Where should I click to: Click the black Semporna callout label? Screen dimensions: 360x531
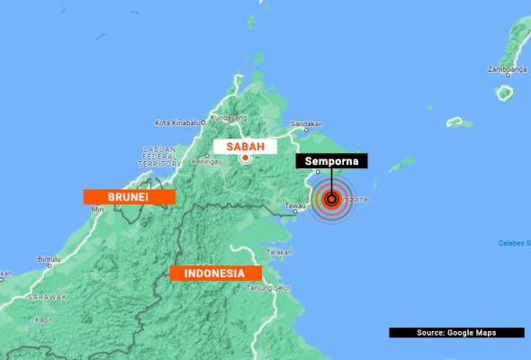(332, 162)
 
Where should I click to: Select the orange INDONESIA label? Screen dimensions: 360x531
(215, 273)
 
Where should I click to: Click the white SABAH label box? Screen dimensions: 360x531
(244, 146)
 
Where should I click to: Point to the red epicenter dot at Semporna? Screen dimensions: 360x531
(331, 200)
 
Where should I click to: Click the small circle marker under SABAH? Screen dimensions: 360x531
(245, 158)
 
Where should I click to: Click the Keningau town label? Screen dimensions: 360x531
(208, 162)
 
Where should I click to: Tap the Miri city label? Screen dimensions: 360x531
(99, 209)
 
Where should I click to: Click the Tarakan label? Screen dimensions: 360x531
(279, 253)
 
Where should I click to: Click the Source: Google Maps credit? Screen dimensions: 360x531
(456, 333)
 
